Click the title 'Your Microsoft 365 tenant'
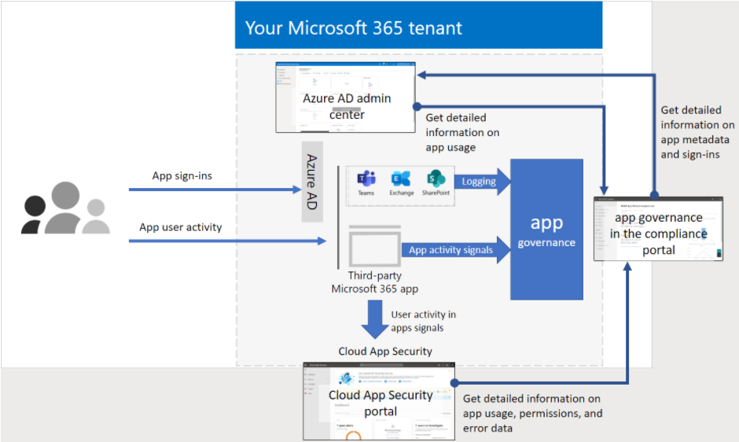click(x=354, y=28)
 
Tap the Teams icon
click(x=366, y=179)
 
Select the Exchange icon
click(x=401, y=179)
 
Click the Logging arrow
click(x=482, y=182)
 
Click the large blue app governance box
click(x=546, y=230)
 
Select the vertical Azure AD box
click(x=311, y=182)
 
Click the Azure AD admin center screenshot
click(x=346, y=97)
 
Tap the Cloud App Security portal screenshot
click(x=380, y=401)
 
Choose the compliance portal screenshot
click(x=658, y=229)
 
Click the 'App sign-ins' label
click(x=182, y=176)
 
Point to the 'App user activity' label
click(x=181, y=227)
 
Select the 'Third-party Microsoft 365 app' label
click(x=374, y=282)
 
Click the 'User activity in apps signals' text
click(x=423, y=321)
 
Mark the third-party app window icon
click(x=373, y=246)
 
